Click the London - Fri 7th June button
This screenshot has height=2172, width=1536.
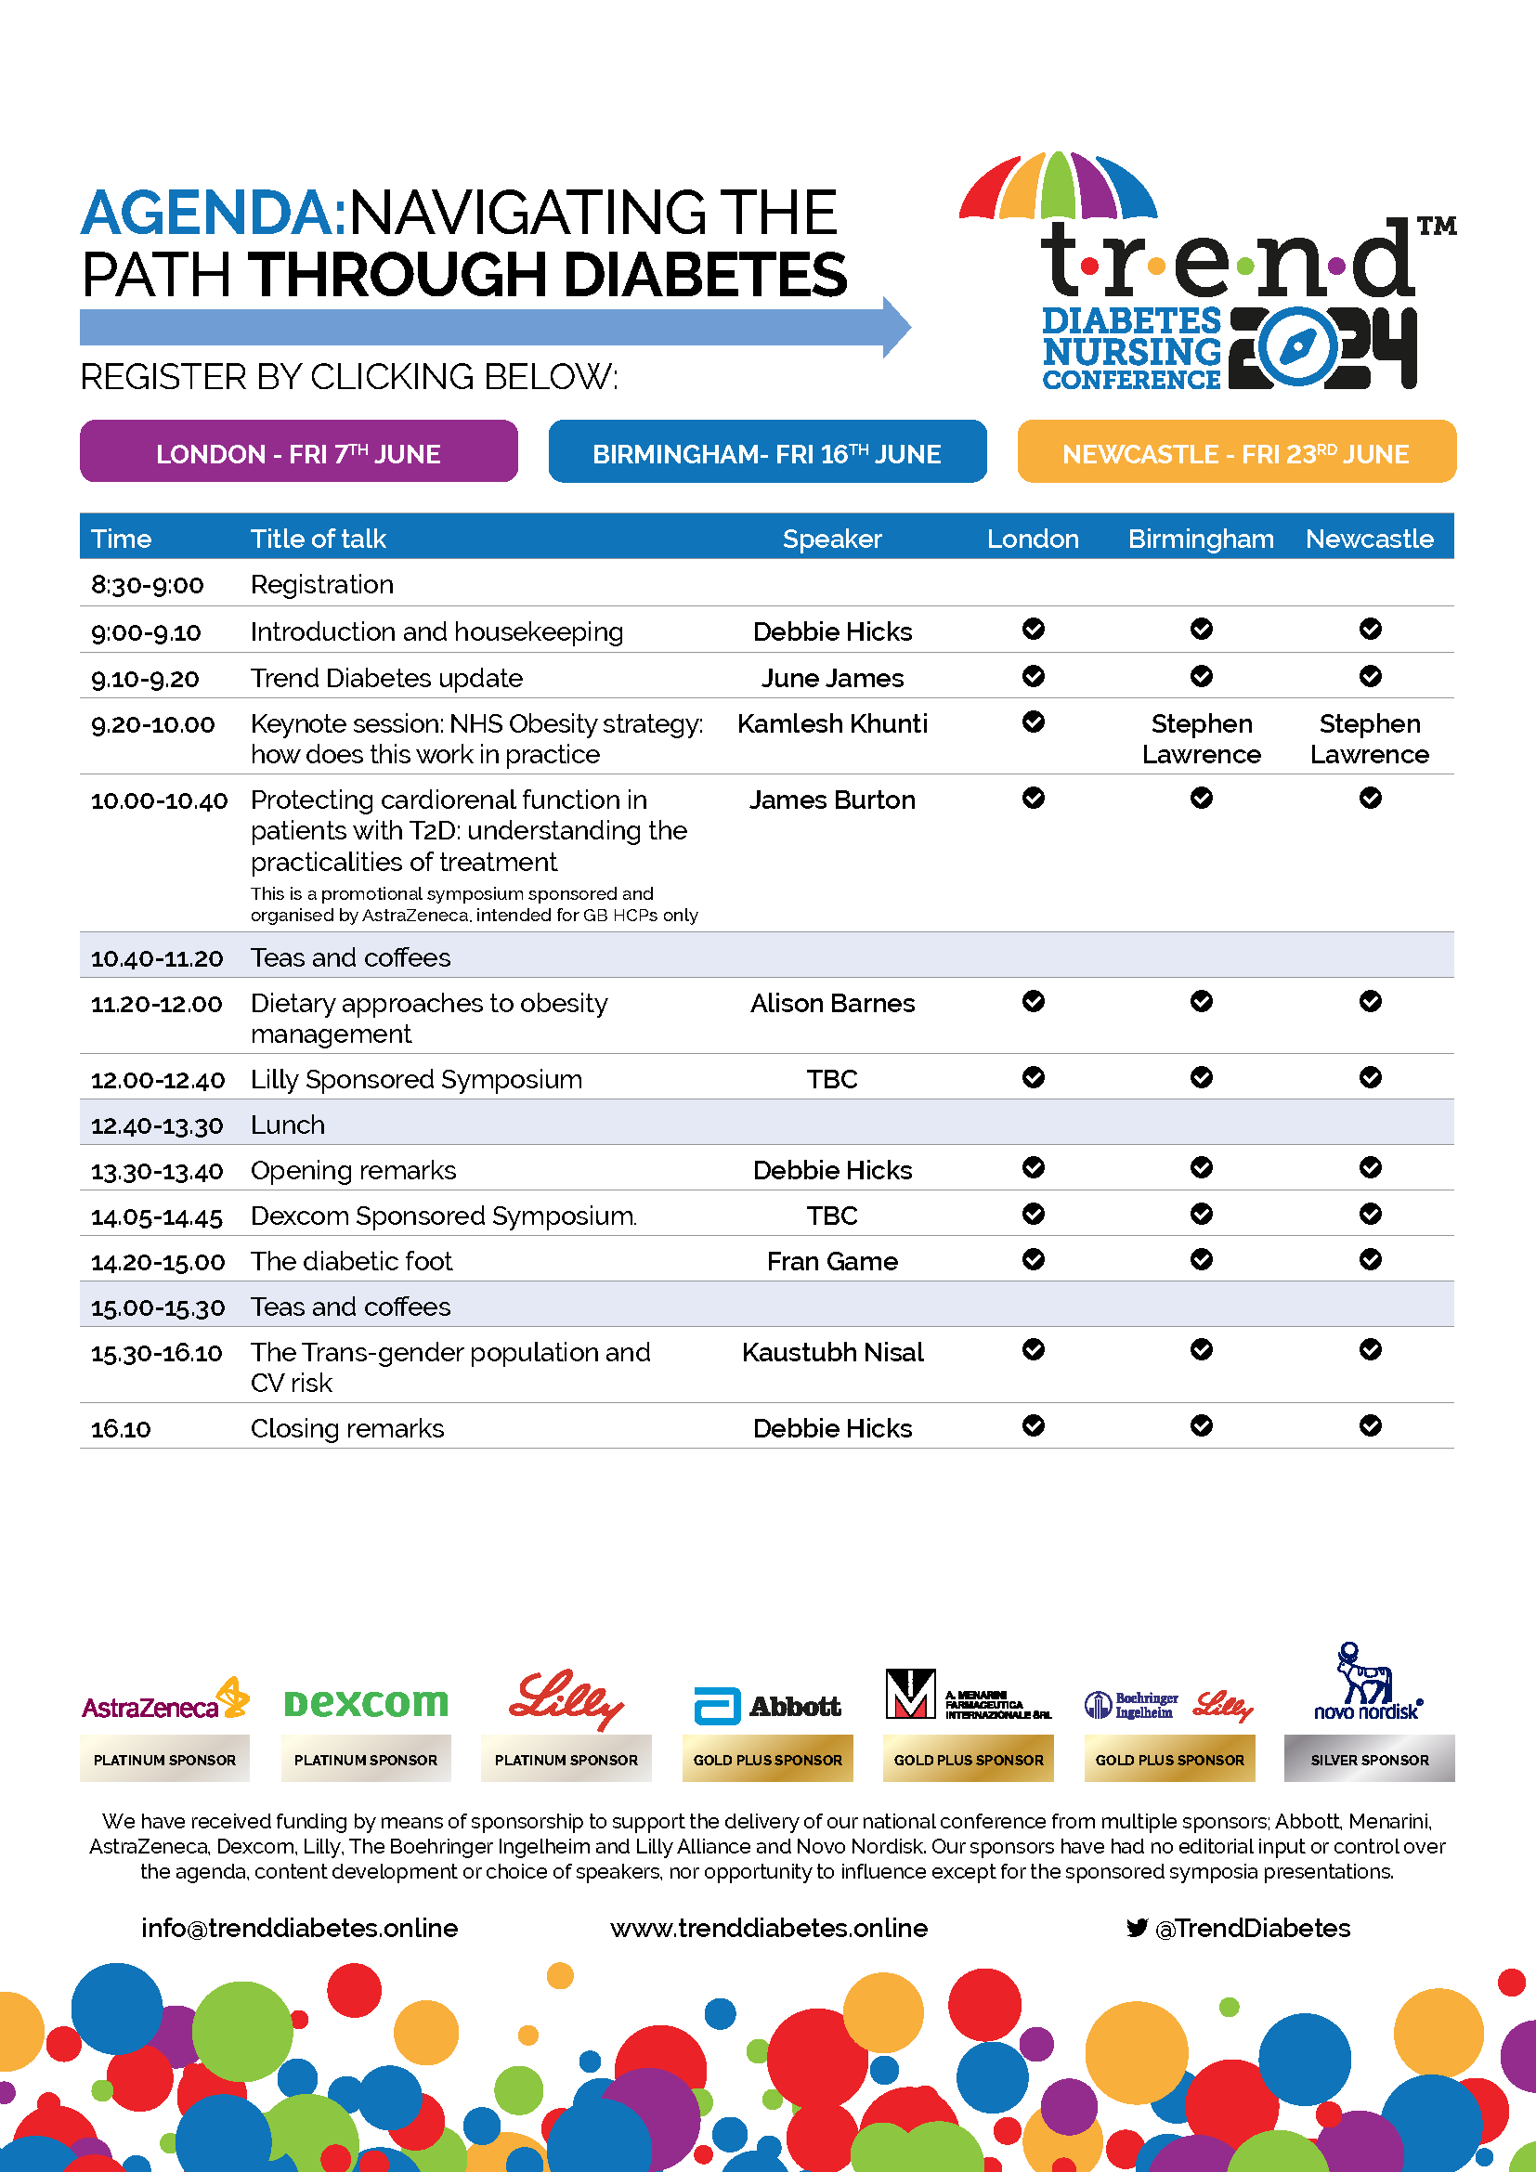click(298, 452)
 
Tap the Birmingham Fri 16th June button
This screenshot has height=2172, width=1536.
click(767, 452)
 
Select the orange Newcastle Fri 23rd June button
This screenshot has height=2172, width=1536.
click(1236, 452)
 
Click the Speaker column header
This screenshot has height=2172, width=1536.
click(831, 539)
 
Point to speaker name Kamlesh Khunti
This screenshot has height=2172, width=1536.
click(831, 723)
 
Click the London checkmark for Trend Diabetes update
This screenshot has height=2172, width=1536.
click(1033, 676)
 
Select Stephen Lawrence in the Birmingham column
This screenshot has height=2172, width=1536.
click(1201, 739)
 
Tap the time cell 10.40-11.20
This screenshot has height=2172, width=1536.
click(157, 958)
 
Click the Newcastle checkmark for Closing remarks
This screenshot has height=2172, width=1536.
click(1370, 1425)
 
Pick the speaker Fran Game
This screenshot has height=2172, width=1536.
click(831, 1261)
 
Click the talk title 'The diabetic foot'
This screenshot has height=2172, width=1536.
click(351, 1261)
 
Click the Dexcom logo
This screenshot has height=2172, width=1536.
click(365, 1704)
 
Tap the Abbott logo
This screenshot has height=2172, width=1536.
click(767, 1706)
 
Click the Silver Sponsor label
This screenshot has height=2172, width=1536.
click(1369, 1760)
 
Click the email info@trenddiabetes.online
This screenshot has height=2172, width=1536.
click(299, 1928)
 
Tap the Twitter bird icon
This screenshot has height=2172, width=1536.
click(1137, 1928)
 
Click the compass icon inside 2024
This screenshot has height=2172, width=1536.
click(1295, 346)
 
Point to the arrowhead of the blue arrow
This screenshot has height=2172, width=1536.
click(897, 327)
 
